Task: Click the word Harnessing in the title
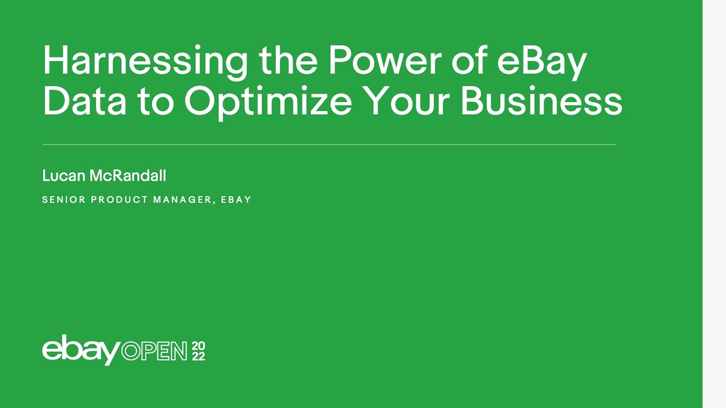click(145, 61)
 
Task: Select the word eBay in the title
click(541, 61)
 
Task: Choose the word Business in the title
click(541, 102)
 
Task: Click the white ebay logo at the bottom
click(81, 350)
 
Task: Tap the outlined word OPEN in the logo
click(154, 351)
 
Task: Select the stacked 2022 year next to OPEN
click(199, 351)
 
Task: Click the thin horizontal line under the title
click(329, 144)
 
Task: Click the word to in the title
click(155, 102)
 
